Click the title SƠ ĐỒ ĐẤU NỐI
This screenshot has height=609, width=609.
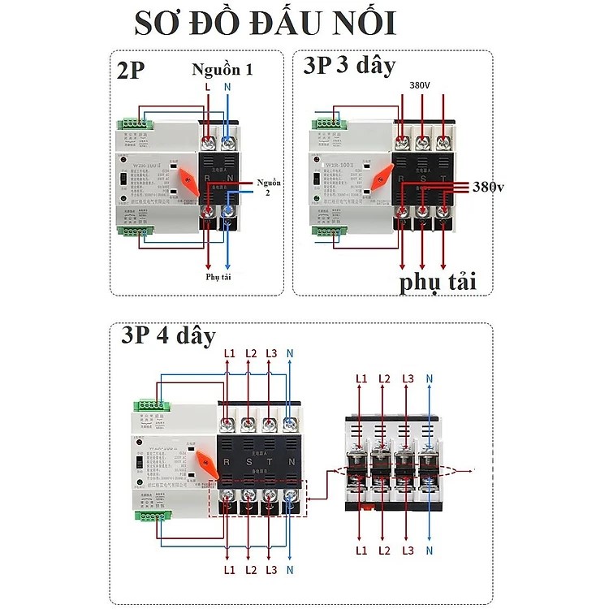coord(266,24)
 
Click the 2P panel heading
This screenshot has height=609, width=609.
coord(131,70)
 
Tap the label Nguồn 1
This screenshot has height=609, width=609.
coord(222,70)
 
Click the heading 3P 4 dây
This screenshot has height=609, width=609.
coord(169,336)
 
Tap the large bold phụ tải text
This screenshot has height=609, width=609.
coord(436,282)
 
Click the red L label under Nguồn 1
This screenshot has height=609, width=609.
coord(207,87)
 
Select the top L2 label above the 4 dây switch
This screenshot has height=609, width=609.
coord(250,355)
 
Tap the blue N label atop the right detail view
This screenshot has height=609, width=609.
coord(430,378)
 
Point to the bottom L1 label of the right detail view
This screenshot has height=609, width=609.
coord(361,551)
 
